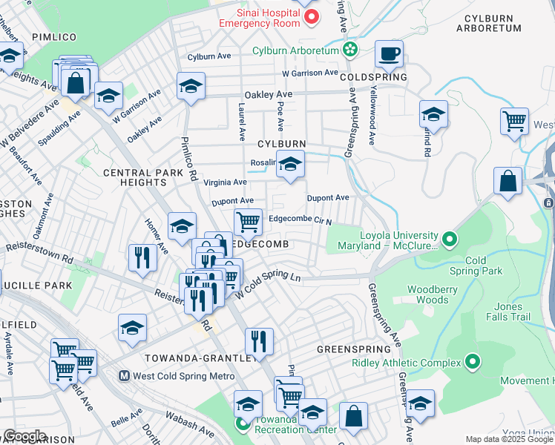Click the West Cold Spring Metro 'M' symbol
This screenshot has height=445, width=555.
[x=125, y=376]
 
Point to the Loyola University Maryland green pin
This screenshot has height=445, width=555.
[x=448, y=240]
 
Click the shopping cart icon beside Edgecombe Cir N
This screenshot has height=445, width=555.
[x=248, y=221]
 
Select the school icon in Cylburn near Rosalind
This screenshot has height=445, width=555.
[x=290, y=165]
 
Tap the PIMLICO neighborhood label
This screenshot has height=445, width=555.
[x=54, y=36]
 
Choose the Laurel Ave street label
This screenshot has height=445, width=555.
[x=242, y=122]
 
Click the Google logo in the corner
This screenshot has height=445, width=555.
[x=24, y=436]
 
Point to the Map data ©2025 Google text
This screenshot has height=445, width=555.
[x=509, y=439]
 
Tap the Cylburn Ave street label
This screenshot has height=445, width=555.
[x=210, y=56]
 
